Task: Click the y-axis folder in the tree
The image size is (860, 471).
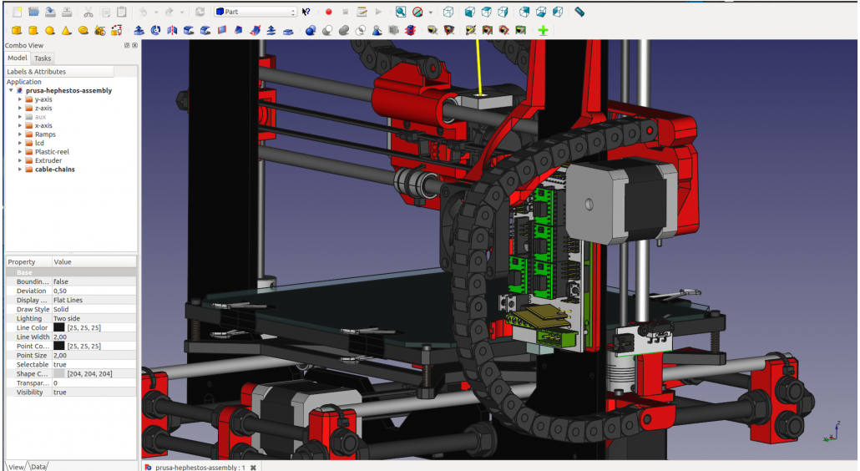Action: (43, 99)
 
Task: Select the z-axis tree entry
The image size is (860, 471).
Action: (43, 108)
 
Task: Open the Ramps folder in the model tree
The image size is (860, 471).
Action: (45, 134)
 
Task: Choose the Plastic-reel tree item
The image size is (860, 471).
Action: (52, 152)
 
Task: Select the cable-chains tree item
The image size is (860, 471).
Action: (54, 170)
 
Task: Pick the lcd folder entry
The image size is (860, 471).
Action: (39, 143)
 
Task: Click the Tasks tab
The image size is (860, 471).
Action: (43, 58)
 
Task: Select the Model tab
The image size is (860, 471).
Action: (17, 58)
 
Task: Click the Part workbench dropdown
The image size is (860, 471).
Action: (255, 12)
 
